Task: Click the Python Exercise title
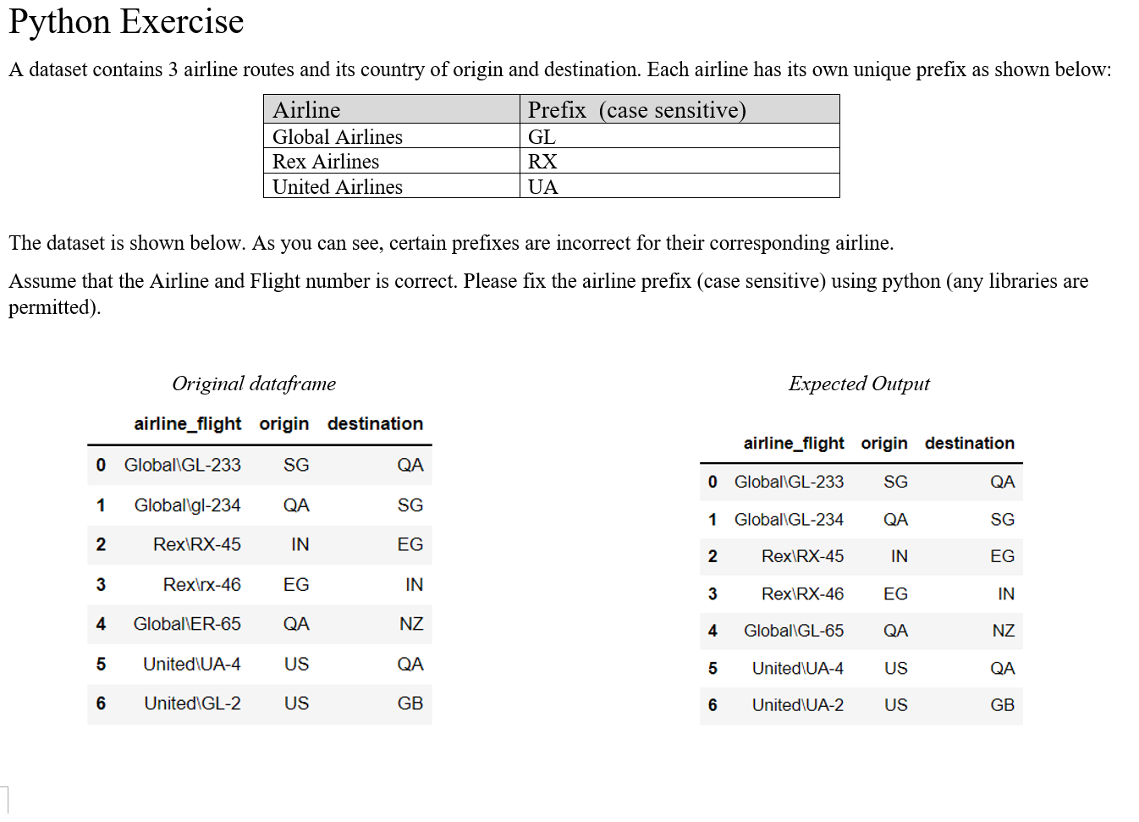tap(126, 21)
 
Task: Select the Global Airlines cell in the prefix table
tap(337, 137)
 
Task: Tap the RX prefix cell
tap(542, 162)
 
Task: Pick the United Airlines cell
tap(337, 187)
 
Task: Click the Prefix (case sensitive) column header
tap(636, 110)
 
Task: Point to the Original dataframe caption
tap(254, 383)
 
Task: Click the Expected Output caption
tap(859, 383)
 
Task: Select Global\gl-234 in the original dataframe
tap(187, 505)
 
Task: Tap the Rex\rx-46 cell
tap(201, 585)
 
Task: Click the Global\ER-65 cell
tap(187, 624)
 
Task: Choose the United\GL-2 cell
tap(192, 703)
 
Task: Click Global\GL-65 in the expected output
tap(793, 631)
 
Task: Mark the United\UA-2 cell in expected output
tap(797, 705)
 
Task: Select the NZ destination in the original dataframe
tap(411, 624)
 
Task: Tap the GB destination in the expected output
tap(1002, 705)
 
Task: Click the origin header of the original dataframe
tap(283, 424)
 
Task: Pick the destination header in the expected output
tap(969, 444)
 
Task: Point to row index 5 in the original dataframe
tap(101, 665)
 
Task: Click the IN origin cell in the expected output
tap(899, 556)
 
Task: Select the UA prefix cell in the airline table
tap(542, 187)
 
